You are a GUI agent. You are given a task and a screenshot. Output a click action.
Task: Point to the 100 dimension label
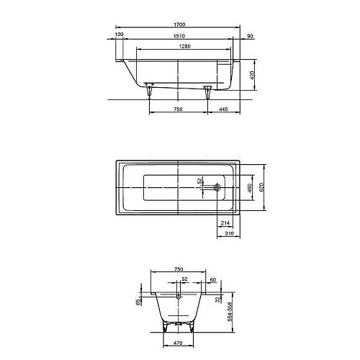(x=118, y=34)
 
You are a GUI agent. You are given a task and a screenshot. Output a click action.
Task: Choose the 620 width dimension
(x=263, y=186)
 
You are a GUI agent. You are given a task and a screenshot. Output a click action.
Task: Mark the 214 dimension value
(x=225, y=224)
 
